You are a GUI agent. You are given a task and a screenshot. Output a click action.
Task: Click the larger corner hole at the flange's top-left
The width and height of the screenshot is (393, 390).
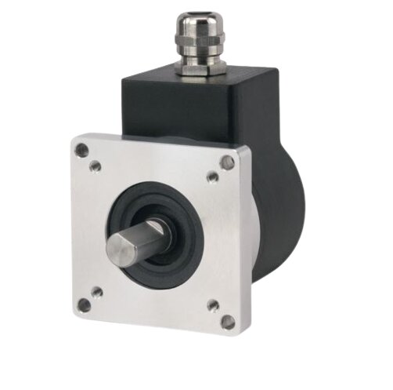coord(81,149)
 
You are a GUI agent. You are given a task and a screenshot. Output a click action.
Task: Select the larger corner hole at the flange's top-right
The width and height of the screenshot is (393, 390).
coord(227,162)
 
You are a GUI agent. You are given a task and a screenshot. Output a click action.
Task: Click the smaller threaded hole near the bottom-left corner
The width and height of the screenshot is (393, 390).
coord(96,292)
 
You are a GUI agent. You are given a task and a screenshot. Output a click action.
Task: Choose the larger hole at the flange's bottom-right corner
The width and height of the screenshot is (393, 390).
coord(227,321)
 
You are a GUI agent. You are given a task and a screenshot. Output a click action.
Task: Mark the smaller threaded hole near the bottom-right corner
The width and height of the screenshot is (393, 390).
coord(212,304)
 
